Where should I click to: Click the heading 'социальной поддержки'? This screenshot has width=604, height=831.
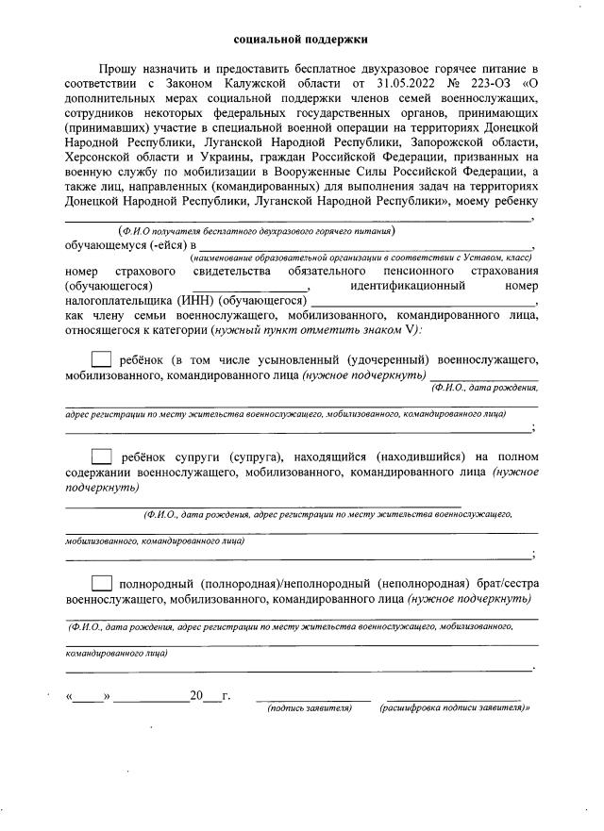tap(301, 40)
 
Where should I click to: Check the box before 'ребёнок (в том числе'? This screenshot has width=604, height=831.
tap(102, 359)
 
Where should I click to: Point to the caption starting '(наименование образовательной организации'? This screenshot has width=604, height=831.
tap(361, 258)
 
